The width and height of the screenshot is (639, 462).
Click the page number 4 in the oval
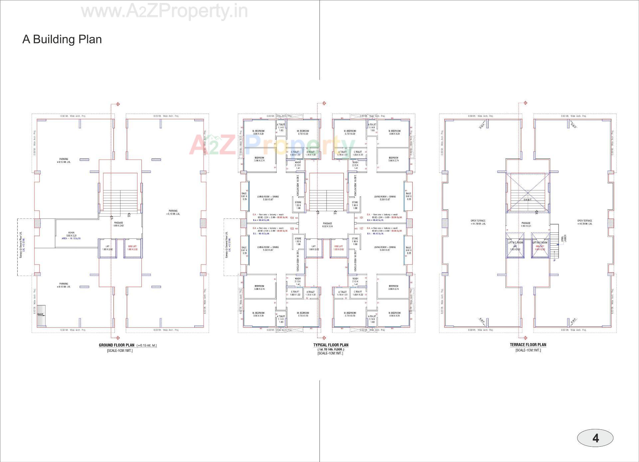[595, 438]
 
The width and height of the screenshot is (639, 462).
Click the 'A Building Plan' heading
[62, 39]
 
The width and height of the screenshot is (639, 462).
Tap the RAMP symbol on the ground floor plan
[41, 314]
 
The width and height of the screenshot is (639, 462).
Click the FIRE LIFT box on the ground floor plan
[132, 248]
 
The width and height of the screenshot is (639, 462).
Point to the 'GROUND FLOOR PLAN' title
[116, 345]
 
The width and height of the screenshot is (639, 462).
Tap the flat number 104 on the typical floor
[292, 218]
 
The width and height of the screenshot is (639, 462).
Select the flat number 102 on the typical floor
[361, 229]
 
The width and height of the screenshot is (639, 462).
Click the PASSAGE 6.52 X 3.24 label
[327, 225]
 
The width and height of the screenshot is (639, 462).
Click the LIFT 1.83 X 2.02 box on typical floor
[313, 248]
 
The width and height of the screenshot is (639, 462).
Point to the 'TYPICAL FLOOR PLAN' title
[330, 345]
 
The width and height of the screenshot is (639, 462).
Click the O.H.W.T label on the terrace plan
[528, 200]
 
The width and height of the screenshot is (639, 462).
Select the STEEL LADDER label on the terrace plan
[563, 238]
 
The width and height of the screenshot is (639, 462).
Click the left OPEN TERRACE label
[478, 222]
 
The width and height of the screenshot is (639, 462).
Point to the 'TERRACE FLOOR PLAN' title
[528, 345]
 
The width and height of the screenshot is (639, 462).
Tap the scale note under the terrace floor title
[528, 350]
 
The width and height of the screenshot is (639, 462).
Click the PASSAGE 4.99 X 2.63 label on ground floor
[118, 224]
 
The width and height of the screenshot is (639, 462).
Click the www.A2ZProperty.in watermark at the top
[164, 12]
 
